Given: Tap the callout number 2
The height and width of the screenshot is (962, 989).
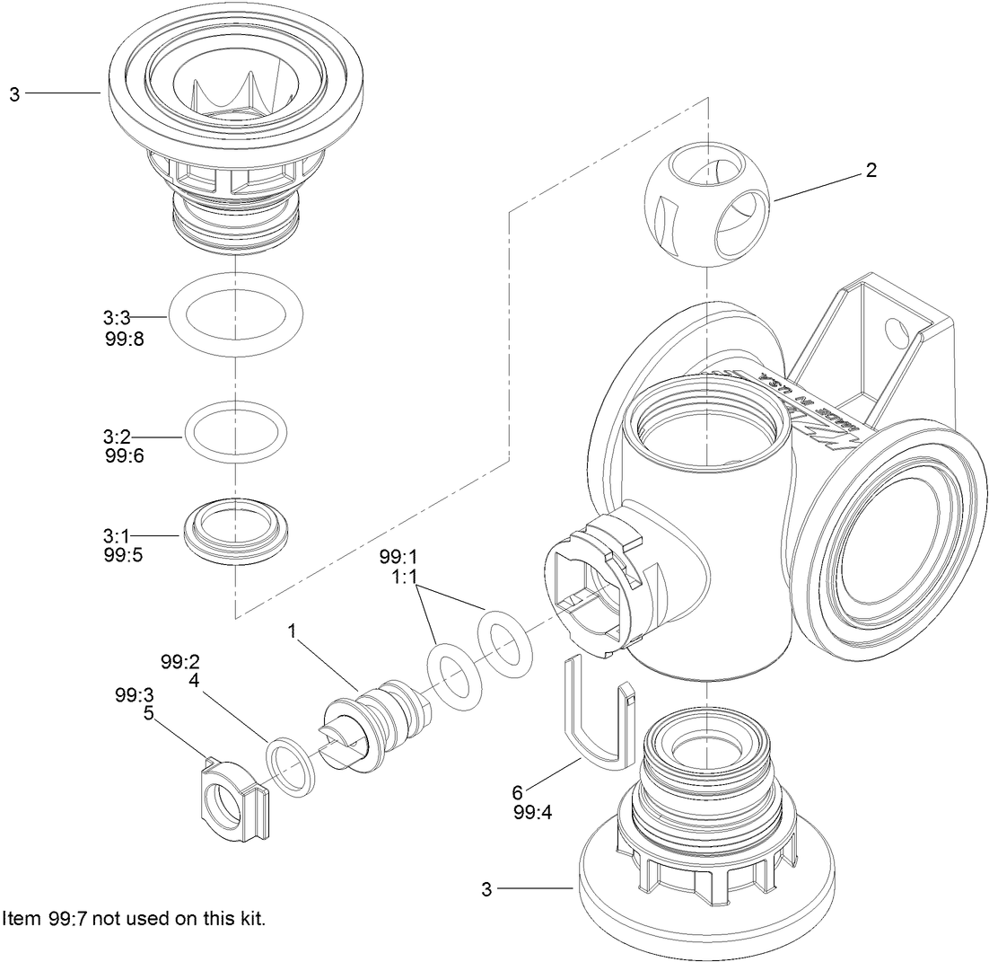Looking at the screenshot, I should (871, 171).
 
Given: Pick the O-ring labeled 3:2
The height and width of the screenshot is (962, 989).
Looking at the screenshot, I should (235, 436).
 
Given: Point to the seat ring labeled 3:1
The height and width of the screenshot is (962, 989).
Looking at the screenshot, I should (235, 534).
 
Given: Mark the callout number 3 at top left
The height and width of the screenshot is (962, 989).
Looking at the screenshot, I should (14, 93).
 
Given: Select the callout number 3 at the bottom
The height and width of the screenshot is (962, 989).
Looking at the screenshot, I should (486, 889).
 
